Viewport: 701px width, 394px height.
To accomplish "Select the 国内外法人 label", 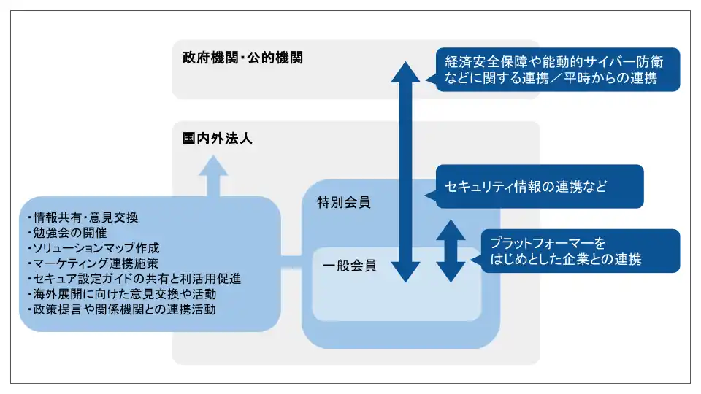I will pos(218,138).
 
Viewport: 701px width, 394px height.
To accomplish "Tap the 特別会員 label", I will pos(343,202).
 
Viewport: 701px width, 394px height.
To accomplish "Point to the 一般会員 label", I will pos(349,266).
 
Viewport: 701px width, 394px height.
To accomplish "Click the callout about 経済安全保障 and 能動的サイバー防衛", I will pos(557,69).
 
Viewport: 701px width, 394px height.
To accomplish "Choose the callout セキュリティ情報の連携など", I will pos(539,186).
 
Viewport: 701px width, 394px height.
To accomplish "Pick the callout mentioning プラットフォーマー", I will pos(580,250).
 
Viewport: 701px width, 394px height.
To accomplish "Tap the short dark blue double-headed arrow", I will pos(450,250).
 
